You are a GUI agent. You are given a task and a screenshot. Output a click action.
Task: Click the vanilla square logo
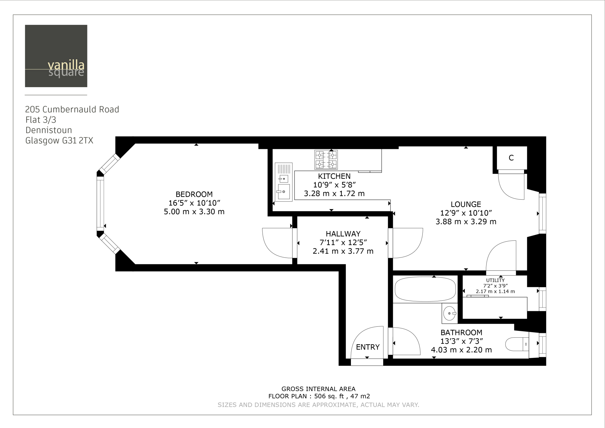[x=56, y=56]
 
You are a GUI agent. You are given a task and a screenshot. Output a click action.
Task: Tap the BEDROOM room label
[x=194, y=194]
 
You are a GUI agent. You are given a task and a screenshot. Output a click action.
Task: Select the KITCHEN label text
[x=334, y=176]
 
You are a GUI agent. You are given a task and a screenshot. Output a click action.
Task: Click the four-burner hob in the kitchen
[x=326, y=160]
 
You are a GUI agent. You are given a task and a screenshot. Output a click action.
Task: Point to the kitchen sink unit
[x=284, y=182]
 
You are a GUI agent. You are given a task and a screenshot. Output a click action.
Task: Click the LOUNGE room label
[x=466, y=204]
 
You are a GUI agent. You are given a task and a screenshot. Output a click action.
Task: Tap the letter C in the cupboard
[x=511, y=158]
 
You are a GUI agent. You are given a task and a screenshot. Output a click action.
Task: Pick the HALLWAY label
[x=343, y=234]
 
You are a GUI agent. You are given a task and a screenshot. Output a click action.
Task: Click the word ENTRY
[x=367, y=347]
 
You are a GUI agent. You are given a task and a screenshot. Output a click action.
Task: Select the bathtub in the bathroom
[x=425, y=289]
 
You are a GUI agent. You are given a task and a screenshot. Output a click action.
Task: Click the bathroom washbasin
[x=449, y=313]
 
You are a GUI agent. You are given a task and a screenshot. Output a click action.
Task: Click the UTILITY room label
[x=495, y=280]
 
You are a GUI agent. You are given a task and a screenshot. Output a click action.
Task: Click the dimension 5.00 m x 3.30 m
[x=194, y=212]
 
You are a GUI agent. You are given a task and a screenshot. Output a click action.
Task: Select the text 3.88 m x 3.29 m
[x=466, y=222]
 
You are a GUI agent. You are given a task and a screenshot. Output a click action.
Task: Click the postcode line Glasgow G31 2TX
[x=59, y=141]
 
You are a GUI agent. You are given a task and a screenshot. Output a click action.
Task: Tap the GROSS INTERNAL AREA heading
[x=318, y=389]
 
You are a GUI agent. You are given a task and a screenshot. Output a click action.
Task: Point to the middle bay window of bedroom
[x=100, y=204]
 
